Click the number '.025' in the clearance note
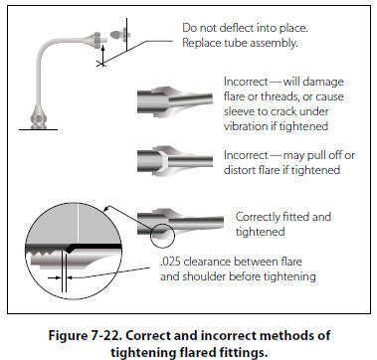pyautogui.click(x=170, y=262)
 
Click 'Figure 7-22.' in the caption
pyautogui.click(x=86, y=335)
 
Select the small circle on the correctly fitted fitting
pyautogui.click(x=162, y=235)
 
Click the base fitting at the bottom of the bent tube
pyautogui.click(x=38, y=117)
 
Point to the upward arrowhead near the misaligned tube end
pyautogui.click(x=102, y=48)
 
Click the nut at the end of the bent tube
pyautogui.click(x=97, y=39)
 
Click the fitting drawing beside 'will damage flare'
pyautogui.click(x=175, y=101)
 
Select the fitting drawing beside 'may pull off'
pyautogui.click(x=175, y=161)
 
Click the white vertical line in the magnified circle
pyautogui.click(x=78, y=223)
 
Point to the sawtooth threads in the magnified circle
pyautogui.click(x=43, y=255)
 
